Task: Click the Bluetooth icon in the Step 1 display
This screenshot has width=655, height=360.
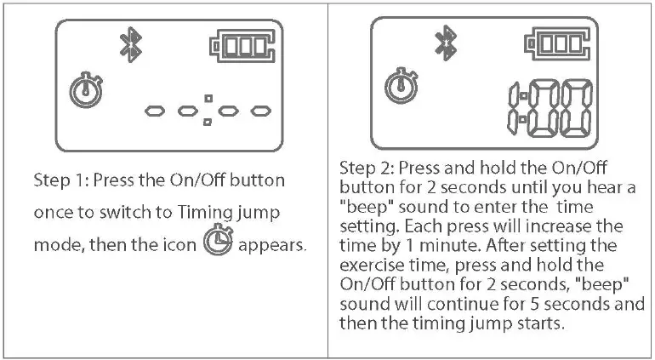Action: pyautogui.click(x=131, y=45)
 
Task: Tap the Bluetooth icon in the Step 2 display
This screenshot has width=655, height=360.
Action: pyautogui.click(x=446, y=43)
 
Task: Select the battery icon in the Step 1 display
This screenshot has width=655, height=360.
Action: pyautogui.click(x=242, y=47)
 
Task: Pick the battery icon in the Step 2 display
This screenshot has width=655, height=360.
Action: pyautogui.click(x=557, y=44)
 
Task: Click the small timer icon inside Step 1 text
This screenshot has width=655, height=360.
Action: pyautogui.click(x=218, y=240)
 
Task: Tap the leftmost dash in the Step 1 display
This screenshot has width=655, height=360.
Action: pyautogui.click(x=155, y=111)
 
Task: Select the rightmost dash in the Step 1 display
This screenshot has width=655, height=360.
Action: pyautogui.click(x=261, y=111)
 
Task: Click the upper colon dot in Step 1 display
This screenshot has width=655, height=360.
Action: pyautogui.click(x=208, y=99)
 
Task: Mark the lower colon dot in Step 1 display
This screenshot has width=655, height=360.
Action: pyautogui.click(x=208, y=122)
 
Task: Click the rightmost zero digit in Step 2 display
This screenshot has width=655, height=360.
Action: pyautogui.click(x=577, y=109)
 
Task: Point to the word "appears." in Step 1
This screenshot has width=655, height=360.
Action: pyautogui.click(x=272, y=245)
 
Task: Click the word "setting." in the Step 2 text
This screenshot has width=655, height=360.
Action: pyautogui.click(x=369, y=227)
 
